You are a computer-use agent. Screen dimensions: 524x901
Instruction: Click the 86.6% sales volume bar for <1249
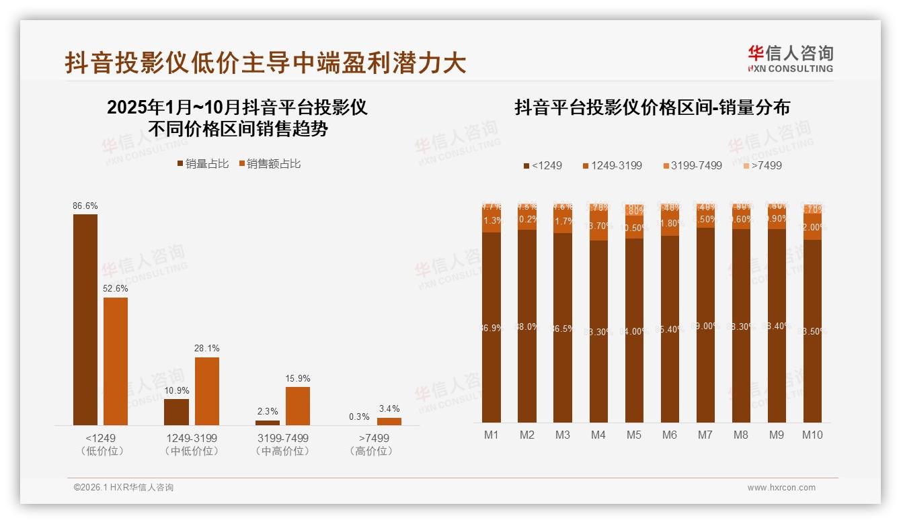click(85, 320)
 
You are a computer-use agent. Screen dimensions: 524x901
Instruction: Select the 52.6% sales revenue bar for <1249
click(116, 361)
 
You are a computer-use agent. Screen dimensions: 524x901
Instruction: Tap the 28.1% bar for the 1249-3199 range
click(207, 391)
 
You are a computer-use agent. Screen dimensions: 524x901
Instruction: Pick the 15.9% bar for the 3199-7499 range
click(298, 406)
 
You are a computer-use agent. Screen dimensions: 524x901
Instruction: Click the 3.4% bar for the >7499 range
click(389, 421)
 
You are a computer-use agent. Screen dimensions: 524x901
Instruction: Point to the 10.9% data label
click(177, 390)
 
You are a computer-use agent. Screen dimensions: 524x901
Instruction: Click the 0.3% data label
click(359, 417)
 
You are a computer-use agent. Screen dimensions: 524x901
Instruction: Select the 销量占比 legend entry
click(203, 164)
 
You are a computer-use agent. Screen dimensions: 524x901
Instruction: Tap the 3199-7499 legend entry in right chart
click(692, 165)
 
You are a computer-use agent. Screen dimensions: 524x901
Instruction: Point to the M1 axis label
click(492, 435)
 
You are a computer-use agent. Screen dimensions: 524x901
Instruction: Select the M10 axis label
click(812, 435)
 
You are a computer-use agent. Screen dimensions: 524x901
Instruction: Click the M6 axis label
click(670, 435)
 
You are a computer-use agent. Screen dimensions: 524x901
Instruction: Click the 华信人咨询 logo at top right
click(790, 58)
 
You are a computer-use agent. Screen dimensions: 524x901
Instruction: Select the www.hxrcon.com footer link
click(781, 488)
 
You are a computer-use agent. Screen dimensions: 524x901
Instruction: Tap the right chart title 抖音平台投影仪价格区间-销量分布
click(652, 107)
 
